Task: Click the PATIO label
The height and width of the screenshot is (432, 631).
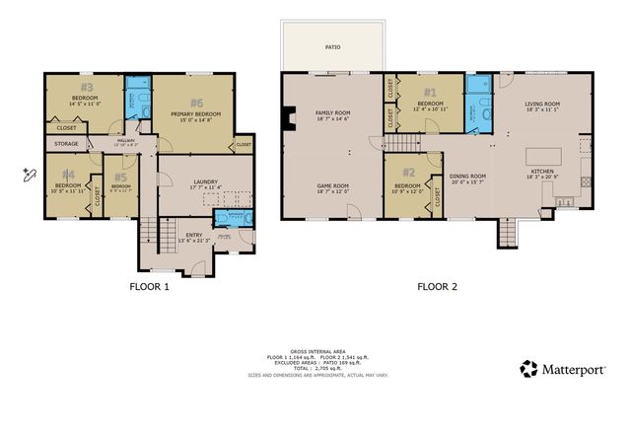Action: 332,45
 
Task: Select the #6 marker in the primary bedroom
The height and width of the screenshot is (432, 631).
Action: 197,103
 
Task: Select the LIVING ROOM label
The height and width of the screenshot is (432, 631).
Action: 542,104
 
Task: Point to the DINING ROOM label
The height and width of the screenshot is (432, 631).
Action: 469,176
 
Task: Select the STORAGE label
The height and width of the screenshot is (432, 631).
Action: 67,143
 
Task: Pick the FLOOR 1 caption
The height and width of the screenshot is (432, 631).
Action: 150,287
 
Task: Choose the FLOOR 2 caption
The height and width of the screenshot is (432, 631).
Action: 437,287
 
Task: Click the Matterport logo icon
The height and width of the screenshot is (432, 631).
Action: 528,369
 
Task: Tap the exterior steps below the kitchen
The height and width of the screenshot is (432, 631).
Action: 508,234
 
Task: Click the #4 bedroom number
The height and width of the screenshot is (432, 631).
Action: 69,175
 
